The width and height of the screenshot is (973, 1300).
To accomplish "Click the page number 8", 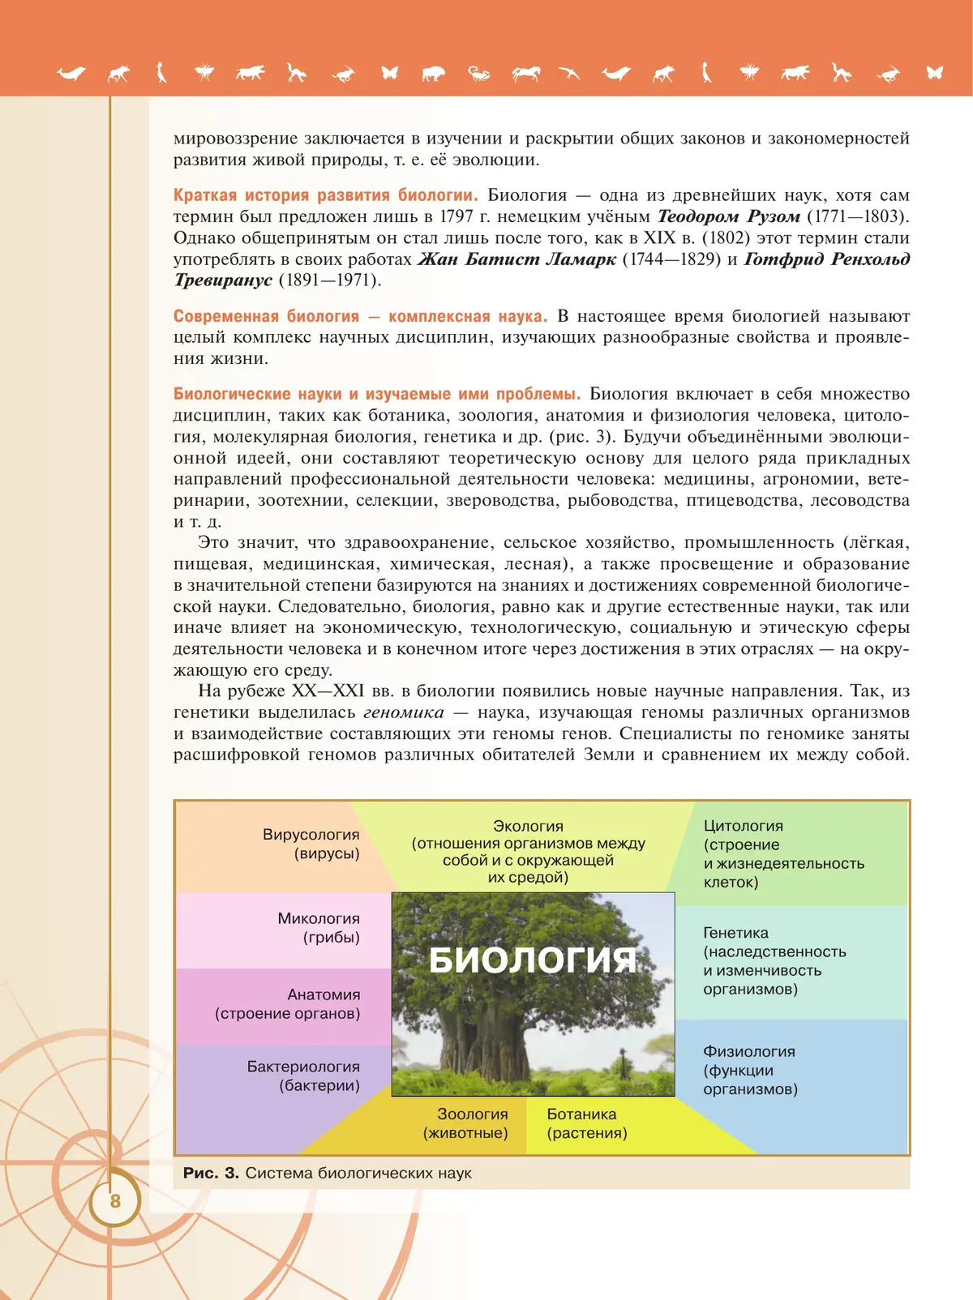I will click(115, 1200).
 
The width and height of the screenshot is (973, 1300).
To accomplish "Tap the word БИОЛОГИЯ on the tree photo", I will click(532, 960).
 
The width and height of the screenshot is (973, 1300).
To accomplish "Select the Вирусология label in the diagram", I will click(311, 835).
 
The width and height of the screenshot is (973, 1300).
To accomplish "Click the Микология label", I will click(318, 919).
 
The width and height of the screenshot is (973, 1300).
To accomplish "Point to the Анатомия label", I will click(323, 994).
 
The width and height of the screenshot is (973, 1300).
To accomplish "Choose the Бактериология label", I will click(303, 1067).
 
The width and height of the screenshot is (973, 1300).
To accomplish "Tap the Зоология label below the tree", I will click(472, 1114).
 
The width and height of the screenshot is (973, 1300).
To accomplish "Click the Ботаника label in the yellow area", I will click(581, 1114).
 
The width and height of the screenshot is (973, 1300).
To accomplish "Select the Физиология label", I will click(748, 1051).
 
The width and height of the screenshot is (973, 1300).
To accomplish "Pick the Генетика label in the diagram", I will click(735, 933).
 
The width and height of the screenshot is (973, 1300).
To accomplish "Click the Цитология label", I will click(743, 826).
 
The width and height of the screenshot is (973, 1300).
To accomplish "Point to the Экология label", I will click(528, 826).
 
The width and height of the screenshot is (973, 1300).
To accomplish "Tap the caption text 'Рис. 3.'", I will click(211, 1173).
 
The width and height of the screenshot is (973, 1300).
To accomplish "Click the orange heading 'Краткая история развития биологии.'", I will click(325, 195).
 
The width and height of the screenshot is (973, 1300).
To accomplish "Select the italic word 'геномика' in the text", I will click(403, 712).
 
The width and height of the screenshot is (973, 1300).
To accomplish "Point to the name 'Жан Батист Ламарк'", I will click(517, 259).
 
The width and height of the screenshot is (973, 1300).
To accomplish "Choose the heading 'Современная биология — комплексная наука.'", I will click(360, 316).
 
